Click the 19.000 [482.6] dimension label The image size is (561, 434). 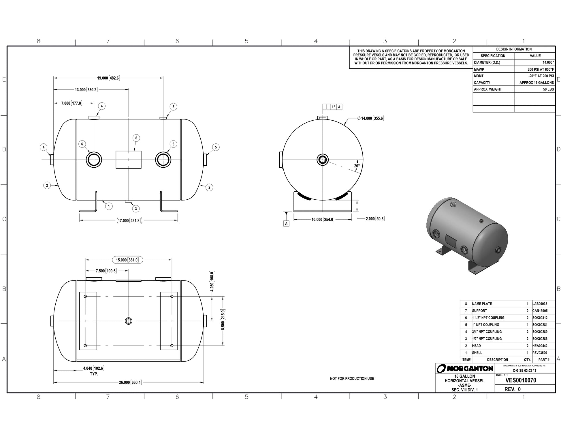(108, 78)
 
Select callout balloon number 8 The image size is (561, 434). (136, 138)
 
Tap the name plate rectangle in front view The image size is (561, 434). (129, 160)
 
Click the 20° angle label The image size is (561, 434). (357, 166)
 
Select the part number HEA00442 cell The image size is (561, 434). (540, 346)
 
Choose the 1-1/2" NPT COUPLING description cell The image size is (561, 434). (488, 318)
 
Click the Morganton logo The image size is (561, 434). (465, 368)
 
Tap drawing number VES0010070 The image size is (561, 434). (521, 380)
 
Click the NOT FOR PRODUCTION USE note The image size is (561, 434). (352, 379)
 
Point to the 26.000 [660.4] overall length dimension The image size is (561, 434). (130, 382)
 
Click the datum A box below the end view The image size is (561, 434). (286, 224)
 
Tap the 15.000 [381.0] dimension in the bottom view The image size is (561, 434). (127, 260)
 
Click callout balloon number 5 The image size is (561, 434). (216, 147)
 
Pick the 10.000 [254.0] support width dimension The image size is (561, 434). (322, 220)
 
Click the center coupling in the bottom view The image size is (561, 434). (129, 321)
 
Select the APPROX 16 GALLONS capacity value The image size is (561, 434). (536, 83)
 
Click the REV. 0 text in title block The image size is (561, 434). (512, 389)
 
